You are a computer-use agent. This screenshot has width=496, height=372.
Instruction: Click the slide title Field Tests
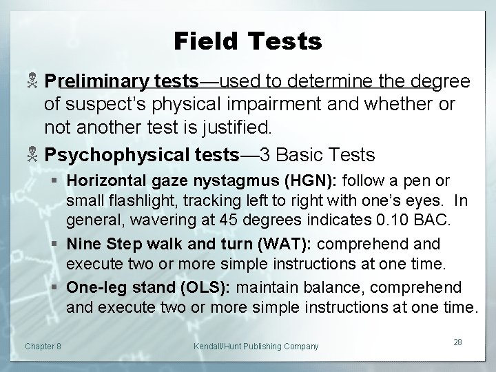tap(247, 42)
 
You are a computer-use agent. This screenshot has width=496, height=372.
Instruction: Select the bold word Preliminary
tap(96, 82)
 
